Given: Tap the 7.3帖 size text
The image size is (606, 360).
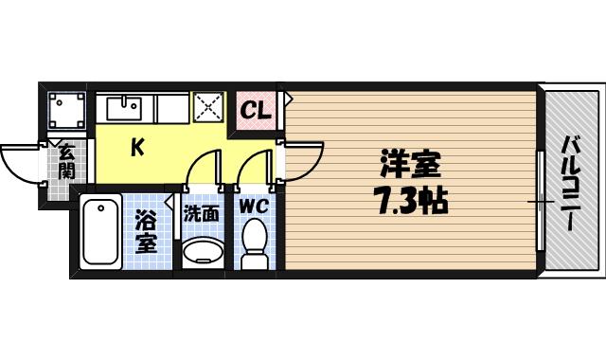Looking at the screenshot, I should click(x=411, y=201).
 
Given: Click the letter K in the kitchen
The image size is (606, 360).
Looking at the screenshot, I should click(x=136, y=147).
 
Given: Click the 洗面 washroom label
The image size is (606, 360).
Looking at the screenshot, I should click(x=201, y=214).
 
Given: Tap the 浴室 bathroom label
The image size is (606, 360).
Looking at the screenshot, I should click(x=145, y=230).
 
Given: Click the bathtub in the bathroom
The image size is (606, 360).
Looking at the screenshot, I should click(x=99, y=231).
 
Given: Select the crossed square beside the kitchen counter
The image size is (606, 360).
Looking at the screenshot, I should click(x=207, y=108).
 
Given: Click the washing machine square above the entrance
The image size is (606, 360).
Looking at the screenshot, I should click(x=65, y=112).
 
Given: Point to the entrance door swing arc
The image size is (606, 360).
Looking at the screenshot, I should click(x=21, y=166).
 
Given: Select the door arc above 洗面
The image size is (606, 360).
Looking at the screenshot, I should click(x=203, y=171).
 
